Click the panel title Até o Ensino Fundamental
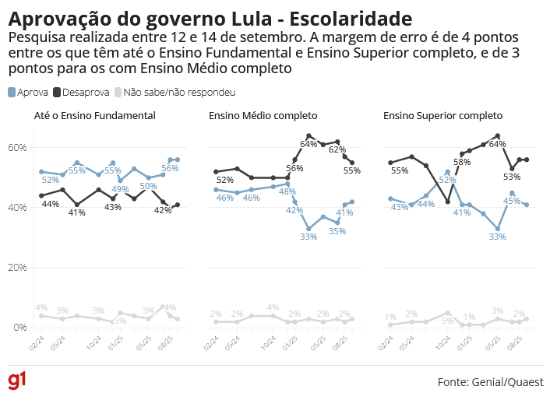coord(95,116)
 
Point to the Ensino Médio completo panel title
coord(263,116)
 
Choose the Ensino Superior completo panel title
coord(443,116)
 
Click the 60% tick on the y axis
coord(18,148)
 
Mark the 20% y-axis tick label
coord(18,268)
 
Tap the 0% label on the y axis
coord(20,328)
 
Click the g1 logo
coord(17,381)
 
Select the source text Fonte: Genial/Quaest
coord(491,382)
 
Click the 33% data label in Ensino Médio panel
coord(308,237)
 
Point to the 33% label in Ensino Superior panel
coord(498,237)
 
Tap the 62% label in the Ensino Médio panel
coord(337,149)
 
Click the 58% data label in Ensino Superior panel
coord(462,162)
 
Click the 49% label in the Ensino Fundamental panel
coord(120,189)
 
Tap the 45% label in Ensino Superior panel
coord(511,201)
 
